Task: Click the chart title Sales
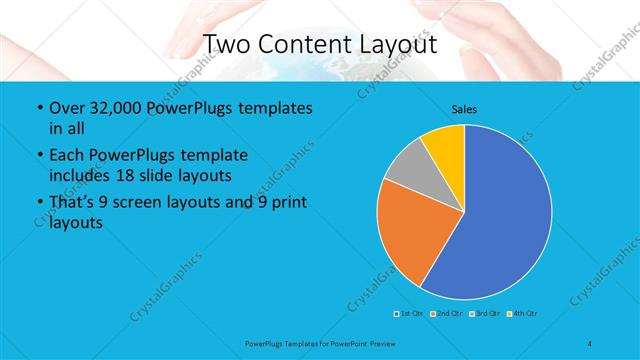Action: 464,107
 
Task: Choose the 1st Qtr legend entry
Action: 410,314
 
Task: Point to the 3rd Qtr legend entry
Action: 485,314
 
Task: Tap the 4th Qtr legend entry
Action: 524,314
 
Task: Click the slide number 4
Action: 590,343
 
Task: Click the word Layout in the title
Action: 401,45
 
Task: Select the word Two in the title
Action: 227,45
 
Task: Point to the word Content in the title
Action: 305,45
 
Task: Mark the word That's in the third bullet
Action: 73,203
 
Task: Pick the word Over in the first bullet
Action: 64,108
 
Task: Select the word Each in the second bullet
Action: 64,155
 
